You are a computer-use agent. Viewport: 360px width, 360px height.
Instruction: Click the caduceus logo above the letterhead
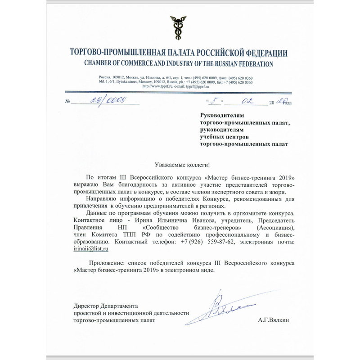tap(179, 27)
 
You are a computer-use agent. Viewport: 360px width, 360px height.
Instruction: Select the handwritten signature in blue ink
tap(225, 308)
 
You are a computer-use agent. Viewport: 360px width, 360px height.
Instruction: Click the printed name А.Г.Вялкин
tap(274, 320)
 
